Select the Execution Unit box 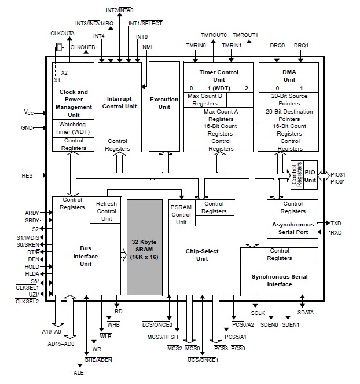pos(164,103)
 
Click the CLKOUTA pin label pos(63,33)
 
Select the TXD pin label pos(336,222)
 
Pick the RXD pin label pos(336,232)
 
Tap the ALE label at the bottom pos(78,372)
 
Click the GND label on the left pos(27,127)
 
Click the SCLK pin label pos(257,313)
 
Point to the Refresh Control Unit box pos(106,211)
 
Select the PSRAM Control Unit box pos(181,214)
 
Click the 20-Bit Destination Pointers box pos(289,115)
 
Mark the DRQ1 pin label pos(302,46)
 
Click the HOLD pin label pos(32,266)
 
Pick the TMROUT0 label pos(214,35)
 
